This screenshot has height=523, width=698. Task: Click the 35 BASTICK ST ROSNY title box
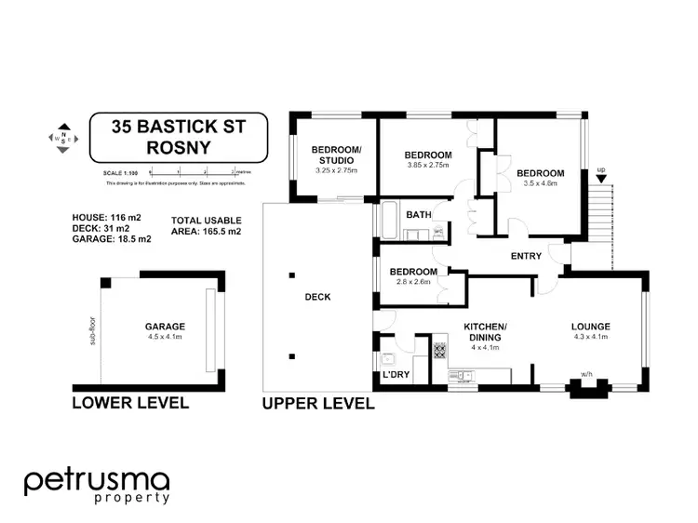coord(178,136)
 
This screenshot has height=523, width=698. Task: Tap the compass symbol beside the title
coord(62,140)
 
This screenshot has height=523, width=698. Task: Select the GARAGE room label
coord(165,327)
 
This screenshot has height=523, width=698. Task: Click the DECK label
coord(317,297)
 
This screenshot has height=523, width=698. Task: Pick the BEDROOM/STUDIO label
coord(336,154)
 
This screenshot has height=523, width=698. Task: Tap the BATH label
coord(419,216)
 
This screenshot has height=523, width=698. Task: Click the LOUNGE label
coord(590,326)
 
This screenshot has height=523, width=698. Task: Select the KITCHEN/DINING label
coord(487,332)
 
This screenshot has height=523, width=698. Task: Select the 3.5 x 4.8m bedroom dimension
coord(541,184)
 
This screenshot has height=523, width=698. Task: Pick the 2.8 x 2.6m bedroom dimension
coord(413,281)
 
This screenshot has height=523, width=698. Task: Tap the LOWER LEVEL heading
coord(130,403)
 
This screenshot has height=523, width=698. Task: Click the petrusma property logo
coord(96,485)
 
